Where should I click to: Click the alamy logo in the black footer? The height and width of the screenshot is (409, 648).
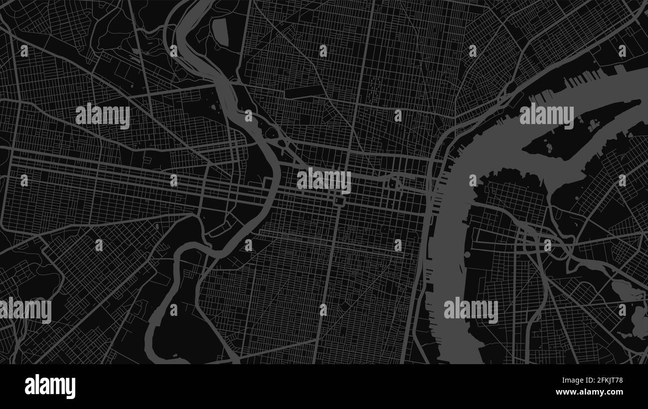click(x=50, y=386)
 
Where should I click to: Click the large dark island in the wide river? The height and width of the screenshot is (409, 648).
click(x=578, y=132)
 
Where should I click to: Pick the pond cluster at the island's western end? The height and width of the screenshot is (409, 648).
click(x=548, y=147)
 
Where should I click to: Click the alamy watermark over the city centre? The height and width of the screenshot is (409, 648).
click(x=324, y=180)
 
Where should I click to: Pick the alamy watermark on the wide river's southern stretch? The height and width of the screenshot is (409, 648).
click(x=471, y=310)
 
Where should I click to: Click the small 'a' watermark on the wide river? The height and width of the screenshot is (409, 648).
click(x=472, y=180)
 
